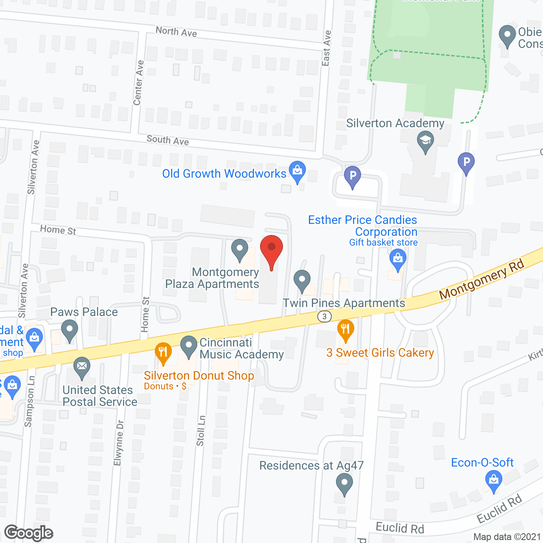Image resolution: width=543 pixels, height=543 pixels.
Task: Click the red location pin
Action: [271, 250]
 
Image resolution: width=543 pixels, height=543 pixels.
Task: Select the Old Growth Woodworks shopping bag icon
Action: [297, 171]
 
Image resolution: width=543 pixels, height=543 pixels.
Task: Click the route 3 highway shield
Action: [325, 316]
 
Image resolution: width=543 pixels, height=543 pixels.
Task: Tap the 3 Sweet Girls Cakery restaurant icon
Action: [346, 329]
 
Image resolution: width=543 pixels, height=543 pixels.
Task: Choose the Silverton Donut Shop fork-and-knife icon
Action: [163, 352]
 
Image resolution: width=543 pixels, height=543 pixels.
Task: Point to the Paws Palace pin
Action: [70, 330]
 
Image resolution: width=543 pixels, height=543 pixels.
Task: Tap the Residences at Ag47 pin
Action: [344, 483]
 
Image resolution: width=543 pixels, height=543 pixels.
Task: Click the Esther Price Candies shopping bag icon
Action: [398, 258]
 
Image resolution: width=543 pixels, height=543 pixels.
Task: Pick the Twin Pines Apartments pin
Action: [302, 280]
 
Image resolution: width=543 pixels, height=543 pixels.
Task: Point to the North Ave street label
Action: [176, 31]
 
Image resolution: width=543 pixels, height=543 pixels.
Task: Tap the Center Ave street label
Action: [138, 83]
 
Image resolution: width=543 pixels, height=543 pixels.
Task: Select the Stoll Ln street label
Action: [201, 430]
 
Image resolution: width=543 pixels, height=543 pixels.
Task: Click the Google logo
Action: [29, 533]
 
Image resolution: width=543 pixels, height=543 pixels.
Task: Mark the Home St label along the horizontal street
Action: [58, 230]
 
